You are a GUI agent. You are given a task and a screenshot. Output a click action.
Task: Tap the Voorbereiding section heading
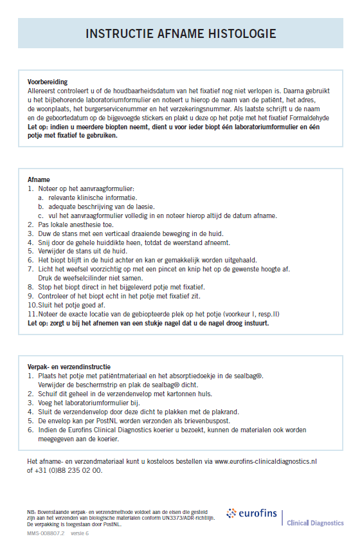[x=48, y=82]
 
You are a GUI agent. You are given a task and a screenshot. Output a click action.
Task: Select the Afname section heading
[x=39, y=179]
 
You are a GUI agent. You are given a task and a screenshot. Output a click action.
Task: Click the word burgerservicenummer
[x=123, y=110]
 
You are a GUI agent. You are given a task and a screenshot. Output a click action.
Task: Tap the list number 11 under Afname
[x=33, y=314]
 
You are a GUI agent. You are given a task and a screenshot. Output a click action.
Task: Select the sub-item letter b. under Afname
[x=41, y=206]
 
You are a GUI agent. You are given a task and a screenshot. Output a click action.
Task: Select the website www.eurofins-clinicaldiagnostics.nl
[x=266, y=461]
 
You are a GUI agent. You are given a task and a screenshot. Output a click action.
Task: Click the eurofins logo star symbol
[x=232, y=513]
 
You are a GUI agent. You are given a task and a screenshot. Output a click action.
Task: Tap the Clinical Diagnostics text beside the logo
[x=315, y=523]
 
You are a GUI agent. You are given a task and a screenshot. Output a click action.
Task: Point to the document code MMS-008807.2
[x=46, y=534]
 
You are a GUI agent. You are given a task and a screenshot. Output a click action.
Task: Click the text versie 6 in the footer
[x=80, y=534]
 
